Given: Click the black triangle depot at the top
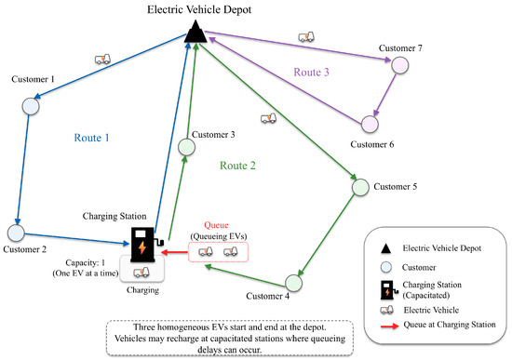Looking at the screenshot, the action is tap(195, 32).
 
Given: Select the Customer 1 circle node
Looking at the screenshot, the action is tap(31, 106).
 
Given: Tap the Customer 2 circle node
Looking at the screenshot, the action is tap(16, 233).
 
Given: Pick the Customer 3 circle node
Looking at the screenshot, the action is tap(187, 147).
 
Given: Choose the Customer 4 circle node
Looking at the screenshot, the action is tap(293, 283).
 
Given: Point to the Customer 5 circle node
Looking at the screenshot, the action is tap(360, 187).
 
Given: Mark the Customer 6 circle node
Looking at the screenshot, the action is tap(370, 124).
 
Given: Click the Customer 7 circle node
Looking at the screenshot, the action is tap(400, 65).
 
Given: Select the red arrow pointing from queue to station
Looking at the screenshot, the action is tap(175, 252).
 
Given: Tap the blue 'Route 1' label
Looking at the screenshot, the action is tap(92, 138).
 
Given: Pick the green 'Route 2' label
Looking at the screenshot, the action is tap(237, 166).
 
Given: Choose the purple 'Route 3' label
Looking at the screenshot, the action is tap(312, 72).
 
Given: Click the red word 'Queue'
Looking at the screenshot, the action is tap(216, 225).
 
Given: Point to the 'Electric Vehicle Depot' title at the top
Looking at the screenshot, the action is tap(199, 9).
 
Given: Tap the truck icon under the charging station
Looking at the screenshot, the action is tap(141, 273).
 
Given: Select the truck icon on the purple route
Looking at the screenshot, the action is tap(306, 37).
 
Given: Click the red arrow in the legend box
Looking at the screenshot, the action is tap(389, 326).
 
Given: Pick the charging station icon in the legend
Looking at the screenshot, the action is tap(389, 290).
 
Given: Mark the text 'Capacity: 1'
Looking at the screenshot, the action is tap(86, 262).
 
